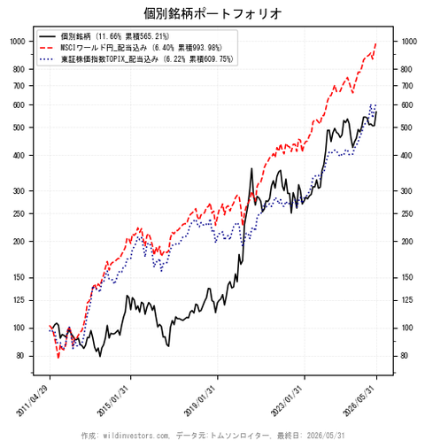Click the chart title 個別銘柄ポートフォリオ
(212, 13)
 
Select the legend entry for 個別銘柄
(115, 36)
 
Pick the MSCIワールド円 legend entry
(141, 48)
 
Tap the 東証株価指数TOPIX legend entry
(147, 59)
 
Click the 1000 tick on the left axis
(18, 42)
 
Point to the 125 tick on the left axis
(19, 300)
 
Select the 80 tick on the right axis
(405, 356)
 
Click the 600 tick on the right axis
(406, 105)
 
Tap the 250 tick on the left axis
(19, 213)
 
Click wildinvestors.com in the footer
(136, 436)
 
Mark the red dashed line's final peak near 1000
(376, 43)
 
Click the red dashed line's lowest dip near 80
(58, 358)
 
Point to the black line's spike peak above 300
(251, 168)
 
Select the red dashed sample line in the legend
(47, 48)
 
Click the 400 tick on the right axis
(406, 155)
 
